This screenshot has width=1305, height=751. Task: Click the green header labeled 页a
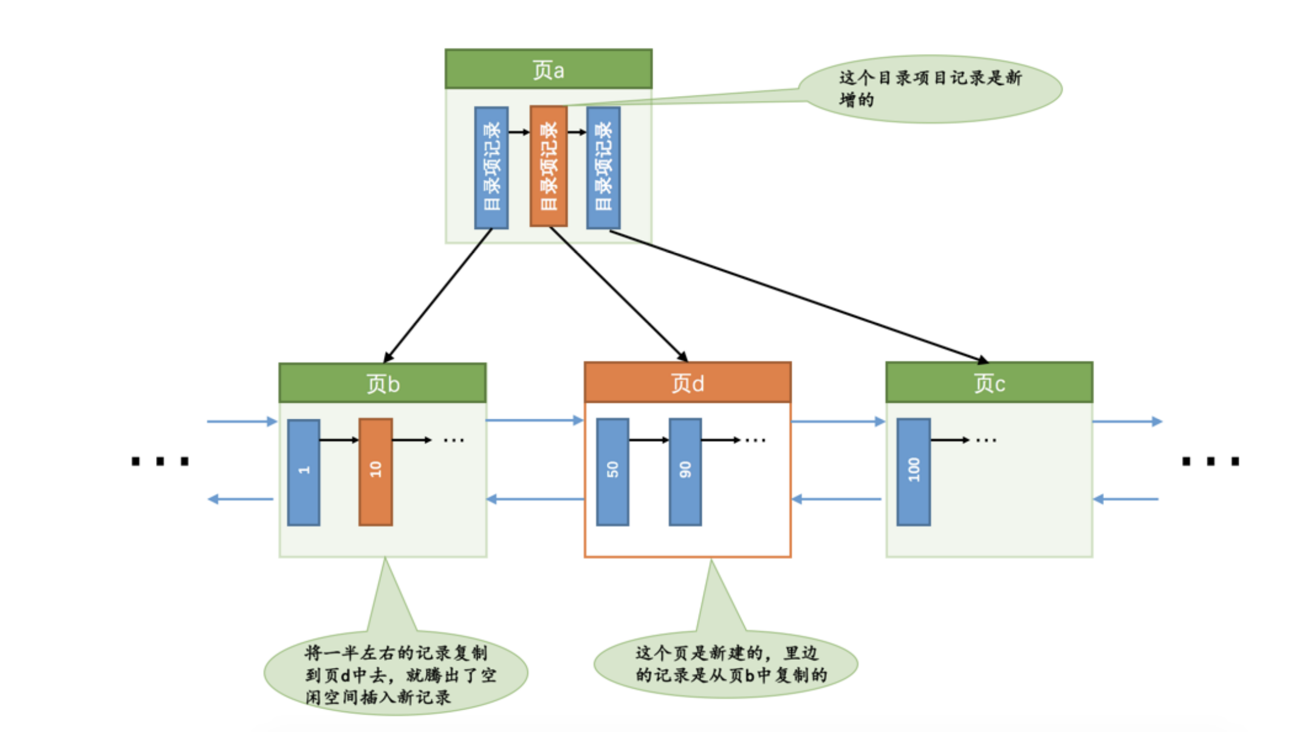coord(548,69)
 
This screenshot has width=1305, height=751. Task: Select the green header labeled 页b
coord(382,383)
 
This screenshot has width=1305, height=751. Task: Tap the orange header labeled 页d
coord(687,383)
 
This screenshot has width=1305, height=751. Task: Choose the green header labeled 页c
coord(988,383)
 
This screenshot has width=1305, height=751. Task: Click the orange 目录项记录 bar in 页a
coord(549,166)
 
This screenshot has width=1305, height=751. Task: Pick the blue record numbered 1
coord(304,472)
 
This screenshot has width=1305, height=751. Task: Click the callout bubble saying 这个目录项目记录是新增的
coord(930,89)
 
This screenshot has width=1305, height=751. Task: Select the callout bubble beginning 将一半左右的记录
coord(396,674)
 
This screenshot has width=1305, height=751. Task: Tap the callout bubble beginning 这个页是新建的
coord(725,664)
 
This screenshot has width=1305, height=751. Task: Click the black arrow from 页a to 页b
coord(437,296)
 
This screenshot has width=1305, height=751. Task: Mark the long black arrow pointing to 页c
coord(796,295)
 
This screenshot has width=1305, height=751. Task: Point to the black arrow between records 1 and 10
coord(339,440)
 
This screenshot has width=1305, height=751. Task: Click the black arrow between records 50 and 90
coord(649,440)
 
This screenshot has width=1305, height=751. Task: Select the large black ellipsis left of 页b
coord(160,461)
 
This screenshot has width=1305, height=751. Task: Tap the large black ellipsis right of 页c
coord(1210,461)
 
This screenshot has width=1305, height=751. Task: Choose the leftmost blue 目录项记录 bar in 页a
coord(491,168)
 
